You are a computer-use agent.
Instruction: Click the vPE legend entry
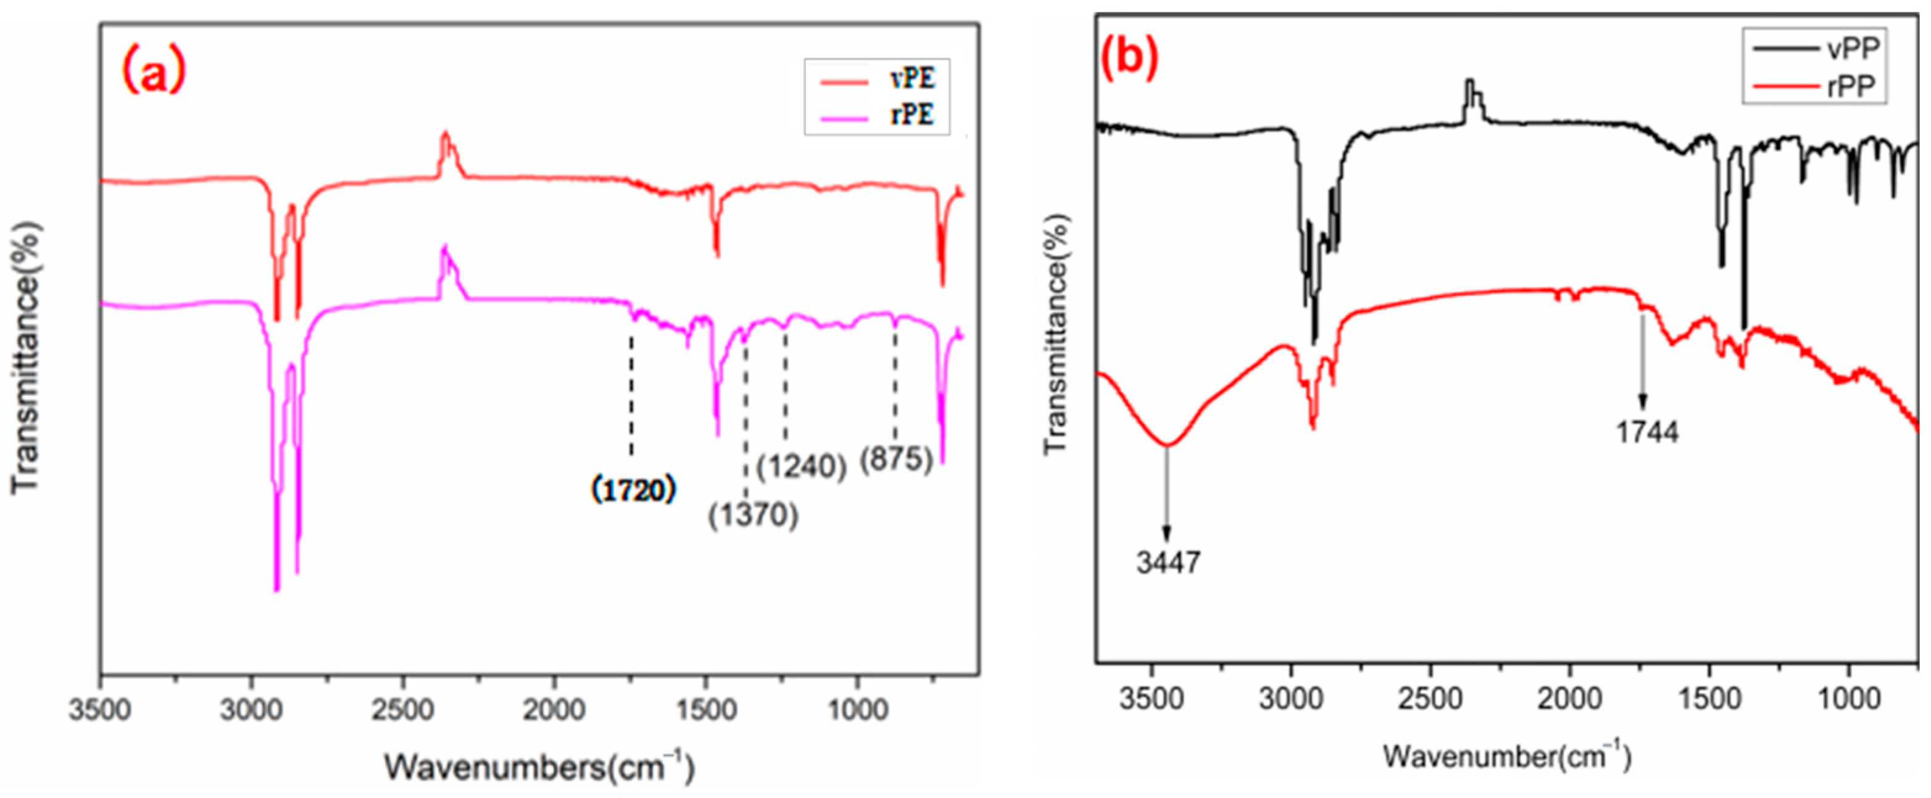tap(877, 80)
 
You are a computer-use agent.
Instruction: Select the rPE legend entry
tap(877, 115)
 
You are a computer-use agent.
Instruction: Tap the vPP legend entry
tap(1814, 49)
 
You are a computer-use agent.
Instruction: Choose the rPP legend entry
tap(1814, 87)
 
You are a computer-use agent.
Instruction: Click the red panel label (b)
tap(1129, 56)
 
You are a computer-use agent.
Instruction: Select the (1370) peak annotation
tap(753, 515)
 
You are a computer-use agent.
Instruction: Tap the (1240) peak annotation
tap(801, 467)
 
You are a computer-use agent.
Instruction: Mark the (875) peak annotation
tap(896, 459)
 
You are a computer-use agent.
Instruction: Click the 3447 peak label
tap(1168, 562)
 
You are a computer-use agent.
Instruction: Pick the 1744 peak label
tap(1647, 432)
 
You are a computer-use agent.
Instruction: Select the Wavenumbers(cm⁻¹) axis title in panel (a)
tap(540, 767)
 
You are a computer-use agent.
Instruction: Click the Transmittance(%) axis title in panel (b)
tap(1055, 334)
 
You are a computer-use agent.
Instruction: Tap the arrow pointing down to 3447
tap(1166, 495)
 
